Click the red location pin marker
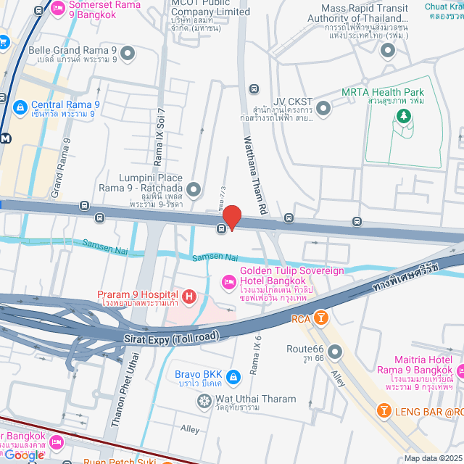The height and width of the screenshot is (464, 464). pos(231,217)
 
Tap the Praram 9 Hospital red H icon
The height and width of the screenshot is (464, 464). pos(188,296)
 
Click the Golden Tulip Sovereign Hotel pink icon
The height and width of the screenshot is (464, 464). pos(228,281)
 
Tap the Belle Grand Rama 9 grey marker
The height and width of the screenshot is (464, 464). pos(128,53)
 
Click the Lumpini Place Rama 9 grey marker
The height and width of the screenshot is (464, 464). pos(194,190)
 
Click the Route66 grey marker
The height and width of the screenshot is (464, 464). pos(334,353)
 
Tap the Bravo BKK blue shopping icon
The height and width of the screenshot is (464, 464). pos(233,376)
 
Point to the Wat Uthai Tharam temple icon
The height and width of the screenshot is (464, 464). pos(204,399)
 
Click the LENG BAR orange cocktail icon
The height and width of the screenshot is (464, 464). pos(382,412)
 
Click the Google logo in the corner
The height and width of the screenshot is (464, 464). pos(25,455)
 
